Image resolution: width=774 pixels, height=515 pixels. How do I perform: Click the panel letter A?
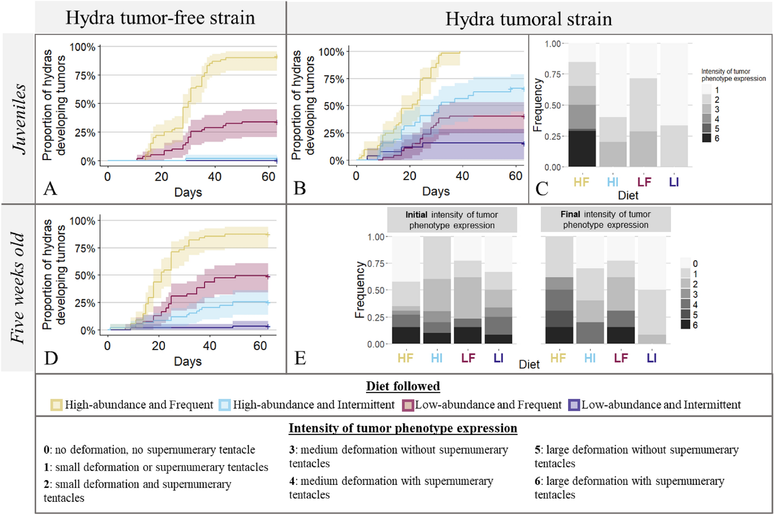tap(51, 188)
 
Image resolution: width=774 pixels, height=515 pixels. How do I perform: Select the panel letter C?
tap(542, 189)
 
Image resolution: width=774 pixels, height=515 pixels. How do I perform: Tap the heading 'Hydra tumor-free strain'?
tap(160, 18)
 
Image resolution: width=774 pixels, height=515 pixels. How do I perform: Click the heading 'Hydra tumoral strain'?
tap(528, 19)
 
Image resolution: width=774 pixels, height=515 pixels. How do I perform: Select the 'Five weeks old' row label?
tap(18, 288)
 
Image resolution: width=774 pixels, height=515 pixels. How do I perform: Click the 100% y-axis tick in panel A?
tap(82, 47)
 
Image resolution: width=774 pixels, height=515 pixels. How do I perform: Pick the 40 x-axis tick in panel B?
tap(462, 176)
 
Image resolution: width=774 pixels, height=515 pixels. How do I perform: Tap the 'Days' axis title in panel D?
tap(188, 362)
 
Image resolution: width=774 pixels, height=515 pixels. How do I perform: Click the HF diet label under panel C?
tap(582, 182)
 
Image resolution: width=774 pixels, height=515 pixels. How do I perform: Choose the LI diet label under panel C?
tap(674, 182)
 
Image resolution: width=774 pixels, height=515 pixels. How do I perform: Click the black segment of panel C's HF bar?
tap(582, 149)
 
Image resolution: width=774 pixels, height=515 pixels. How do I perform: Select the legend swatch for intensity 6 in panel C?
tap(707, 138)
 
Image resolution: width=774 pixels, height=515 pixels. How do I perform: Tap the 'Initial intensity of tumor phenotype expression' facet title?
tap(452, 220)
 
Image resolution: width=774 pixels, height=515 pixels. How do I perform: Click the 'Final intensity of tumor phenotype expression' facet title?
tap(605, 219)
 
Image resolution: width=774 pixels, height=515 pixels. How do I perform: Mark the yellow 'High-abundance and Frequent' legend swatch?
tap(56, 405)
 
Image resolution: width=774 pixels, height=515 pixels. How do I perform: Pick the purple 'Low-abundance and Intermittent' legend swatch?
tap(574, 405)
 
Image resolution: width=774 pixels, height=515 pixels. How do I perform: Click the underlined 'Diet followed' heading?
tap(403, 386)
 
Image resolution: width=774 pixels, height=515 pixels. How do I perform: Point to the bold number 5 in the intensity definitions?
tap(538, 450)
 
